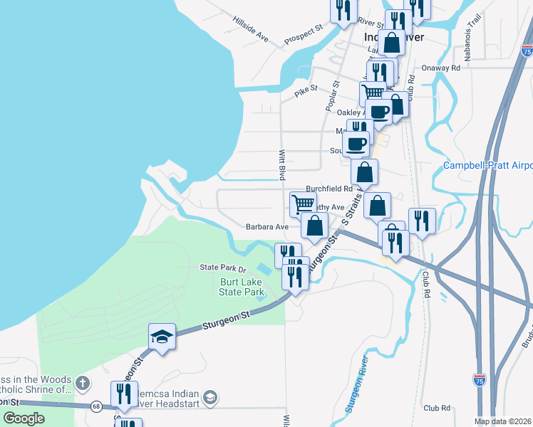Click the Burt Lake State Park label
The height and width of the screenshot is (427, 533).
tap(242, 286)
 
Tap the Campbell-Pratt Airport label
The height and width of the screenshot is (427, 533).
tap(488, 165)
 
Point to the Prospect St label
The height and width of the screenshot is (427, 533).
tap(303, 35)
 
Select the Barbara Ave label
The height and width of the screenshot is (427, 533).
tap(266, 227)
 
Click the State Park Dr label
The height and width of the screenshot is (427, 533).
tap(222, 268)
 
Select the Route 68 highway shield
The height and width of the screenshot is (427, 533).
tap(95, 406)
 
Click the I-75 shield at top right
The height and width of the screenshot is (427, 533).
tap(527, 51)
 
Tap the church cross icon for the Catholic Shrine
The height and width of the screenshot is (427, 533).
tap(83, 384)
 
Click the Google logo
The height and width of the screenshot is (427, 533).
tap(24, 418)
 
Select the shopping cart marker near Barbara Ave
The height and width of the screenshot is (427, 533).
tap(303, 204)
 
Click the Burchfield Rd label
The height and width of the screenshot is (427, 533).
tap(329, 189)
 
